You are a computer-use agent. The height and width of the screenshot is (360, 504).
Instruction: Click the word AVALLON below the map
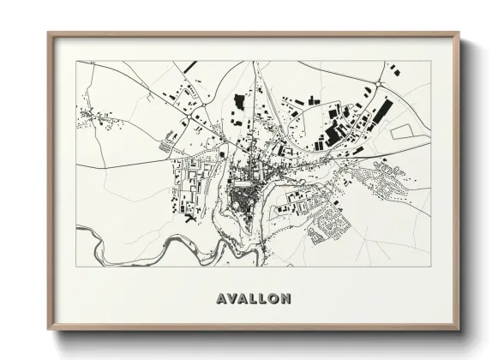click(x=253, y=299)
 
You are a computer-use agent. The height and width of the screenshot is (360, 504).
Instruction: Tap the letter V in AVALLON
click(x=231, y=299)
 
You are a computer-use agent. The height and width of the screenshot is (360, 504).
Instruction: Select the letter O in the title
click(x=273, y=299)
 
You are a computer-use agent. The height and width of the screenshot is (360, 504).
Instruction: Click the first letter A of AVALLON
click(x=220, y=299)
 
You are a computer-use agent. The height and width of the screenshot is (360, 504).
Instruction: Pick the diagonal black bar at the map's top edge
click(x=190, y=66)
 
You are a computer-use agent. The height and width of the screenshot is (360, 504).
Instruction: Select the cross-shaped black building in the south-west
click(x=188, y=216)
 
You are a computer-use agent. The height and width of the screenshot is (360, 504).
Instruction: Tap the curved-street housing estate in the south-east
click(x=329, y=225)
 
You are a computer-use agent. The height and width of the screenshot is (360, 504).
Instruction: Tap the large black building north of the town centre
click(x=239, y=103)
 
